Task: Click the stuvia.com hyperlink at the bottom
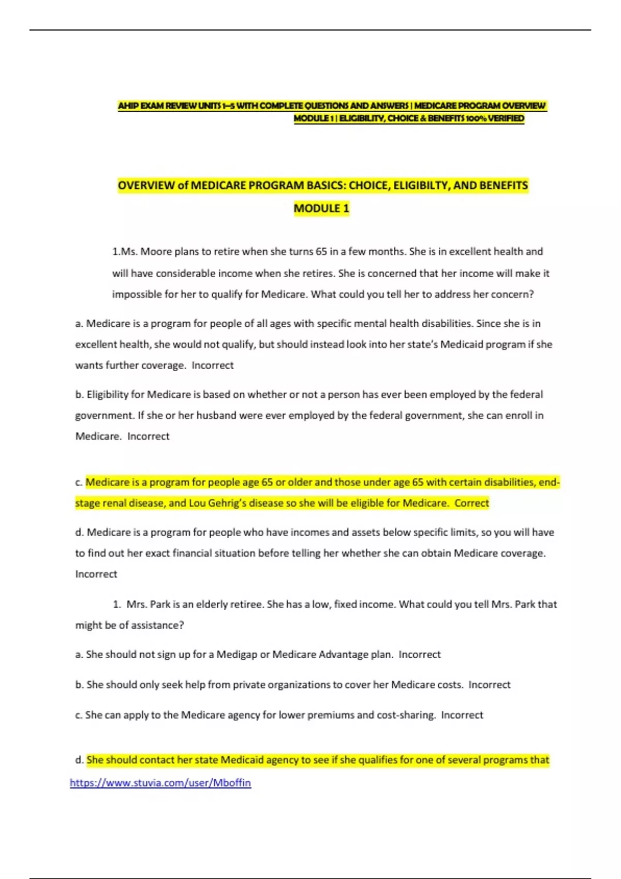[160, 783]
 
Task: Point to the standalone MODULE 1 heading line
[321, 208]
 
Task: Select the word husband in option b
[216, 415]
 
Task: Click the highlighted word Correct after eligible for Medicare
[471, 503]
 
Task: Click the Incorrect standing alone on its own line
[96, 574]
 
